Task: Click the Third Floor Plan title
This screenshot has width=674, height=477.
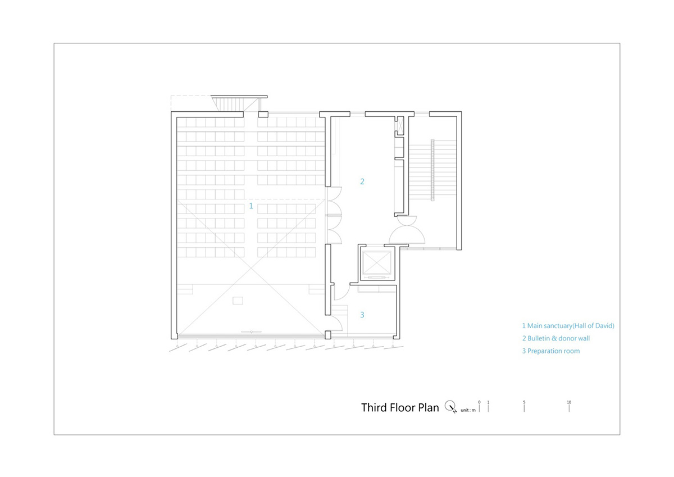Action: click(400, 407)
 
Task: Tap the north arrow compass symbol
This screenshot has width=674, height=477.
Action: click(450, 407)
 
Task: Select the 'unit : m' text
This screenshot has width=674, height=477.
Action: click(468, 410)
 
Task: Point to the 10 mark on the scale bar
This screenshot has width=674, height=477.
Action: click(569, 406)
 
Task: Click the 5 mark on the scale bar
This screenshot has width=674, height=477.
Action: click(524, 406)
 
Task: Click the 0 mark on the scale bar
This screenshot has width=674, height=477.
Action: click(479, 406)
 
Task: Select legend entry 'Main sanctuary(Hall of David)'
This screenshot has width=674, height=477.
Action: click(568, 326)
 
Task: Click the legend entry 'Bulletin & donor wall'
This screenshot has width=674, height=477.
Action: click(555, 338)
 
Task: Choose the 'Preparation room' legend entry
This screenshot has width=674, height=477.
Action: click(550, 351)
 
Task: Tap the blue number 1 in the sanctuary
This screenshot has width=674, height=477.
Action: click(251, 206)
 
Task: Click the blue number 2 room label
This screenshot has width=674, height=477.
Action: click(362, 181)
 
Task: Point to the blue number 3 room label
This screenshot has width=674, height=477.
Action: click(362, 315)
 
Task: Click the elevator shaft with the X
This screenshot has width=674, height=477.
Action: click(377, 263)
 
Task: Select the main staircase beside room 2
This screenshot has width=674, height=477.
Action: click(432, 170)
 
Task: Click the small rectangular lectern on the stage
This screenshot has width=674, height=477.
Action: click(238, 301)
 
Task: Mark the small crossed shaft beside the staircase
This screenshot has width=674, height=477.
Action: click(400, 126)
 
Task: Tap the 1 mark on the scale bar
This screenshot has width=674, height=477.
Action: click(488, 406)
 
